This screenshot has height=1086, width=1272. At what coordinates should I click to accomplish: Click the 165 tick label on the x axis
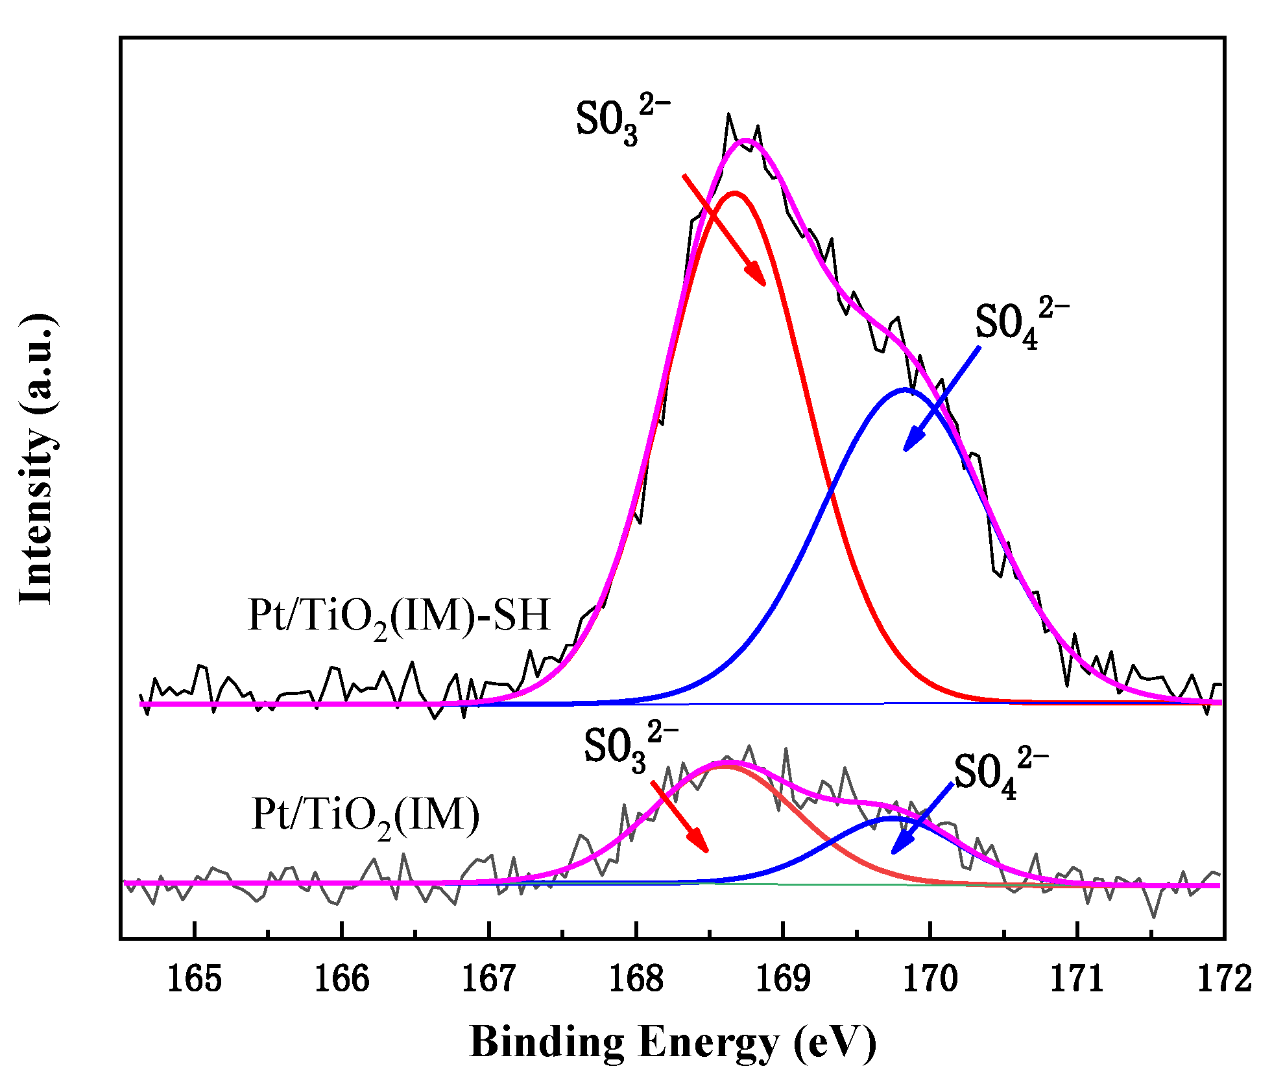195,980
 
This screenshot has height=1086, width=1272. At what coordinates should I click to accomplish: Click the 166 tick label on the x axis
342,980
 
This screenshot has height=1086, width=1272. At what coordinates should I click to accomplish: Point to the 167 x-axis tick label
489,980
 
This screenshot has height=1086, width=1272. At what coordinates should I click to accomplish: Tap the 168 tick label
636,980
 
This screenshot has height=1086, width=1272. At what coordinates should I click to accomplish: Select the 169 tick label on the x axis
784,980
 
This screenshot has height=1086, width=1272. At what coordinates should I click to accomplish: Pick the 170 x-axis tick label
931,980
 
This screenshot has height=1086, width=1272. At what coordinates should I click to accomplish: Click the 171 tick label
1077,980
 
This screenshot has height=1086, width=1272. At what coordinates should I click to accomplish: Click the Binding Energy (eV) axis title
673,1043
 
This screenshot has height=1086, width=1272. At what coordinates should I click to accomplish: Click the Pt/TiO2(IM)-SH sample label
399,617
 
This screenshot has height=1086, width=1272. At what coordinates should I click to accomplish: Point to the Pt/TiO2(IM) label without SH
365,816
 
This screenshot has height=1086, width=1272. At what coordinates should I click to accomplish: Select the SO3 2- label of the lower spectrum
630,747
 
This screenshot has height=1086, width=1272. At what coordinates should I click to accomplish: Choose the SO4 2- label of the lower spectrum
1000,773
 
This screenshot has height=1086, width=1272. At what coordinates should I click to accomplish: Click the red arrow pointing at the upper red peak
724,230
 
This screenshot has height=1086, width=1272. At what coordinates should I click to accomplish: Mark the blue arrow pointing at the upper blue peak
942,399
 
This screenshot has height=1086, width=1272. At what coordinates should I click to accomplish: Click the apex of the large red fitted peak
734,193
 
